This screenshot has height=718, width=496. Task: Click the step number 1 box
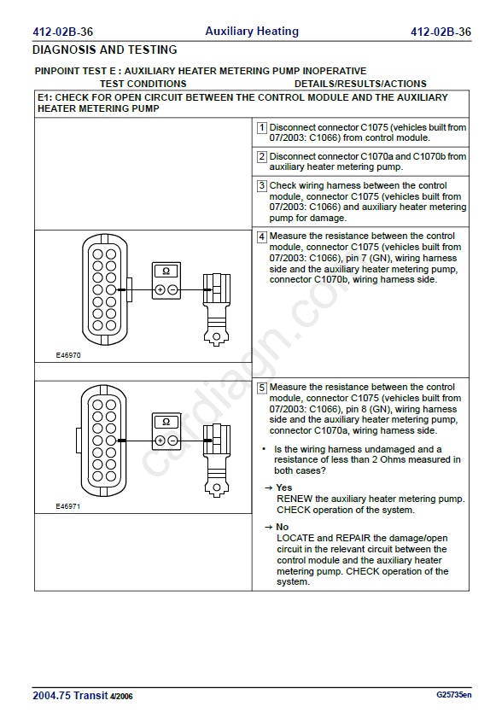point(261,128)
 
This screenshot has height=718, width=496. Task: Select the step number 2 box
point(261,156)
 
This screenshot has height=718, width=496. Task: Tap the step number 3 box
point(261,185)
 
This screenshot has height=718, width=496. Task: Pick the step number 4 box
point(261,236)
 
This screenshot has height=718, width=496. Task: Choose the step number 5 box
point(261,388)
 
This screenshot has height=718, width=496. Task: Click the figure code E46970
point(68,355)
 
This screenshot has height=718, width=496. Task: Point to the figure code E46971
point(68,506)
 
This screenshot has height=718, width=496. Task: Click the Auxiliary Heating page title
point(252,31)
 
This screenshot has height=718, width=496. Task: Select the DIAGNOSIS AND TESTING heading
point(105,50)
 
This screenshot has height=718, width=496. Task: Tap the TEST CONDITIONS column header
point(143,84)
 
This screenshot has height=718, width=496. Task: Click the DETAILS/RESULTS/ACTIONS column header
point(360,84)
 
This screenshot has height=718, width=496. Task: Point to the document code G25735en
point(453,695)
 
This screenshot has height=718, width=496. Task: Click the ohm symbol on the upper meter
point(166,271)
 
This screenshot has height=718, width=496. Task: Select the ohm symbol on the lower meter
point(166,422)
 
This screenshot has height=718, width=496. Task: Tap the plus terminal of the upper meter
point(160,290)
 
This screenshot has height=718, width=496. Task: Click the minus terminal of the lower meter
point(172,441)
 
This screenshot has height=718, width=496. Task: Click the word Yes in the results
point(284,487)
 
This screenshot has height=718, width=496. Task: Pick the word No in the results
point(282,527)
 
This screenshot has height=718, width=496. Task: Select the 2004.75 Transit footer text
point(70,695)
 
